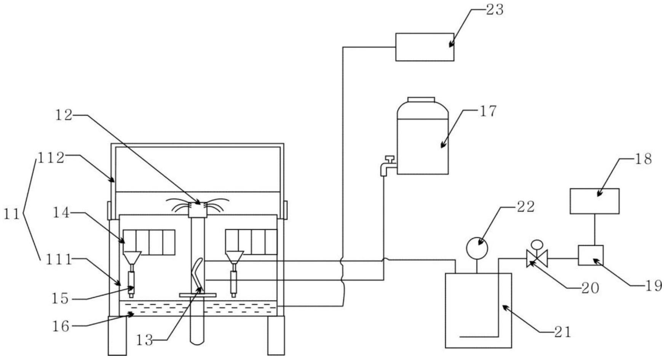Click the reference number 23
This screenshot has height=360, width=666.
tap(495, 10)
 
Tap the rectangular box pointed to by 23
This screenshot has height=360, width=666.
tap(425, 47)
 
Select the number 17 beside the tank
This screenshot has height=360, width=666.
tap(488, 111)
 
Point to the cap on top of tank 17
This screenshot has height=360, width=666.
tap(421, 100)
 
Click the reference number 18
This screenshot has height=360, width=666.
tap(643, 159)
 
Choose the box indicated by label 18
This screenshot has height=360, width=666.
tap(594, 201)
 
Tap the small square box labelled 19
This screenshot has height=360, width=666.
tap(591, 255)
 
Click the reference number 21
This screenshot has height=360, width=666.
tap(563, 332)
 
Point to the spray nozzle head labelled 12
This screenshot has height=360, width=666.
tap(198, 209)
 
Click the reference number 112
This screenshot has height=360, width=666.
tap(51, 158)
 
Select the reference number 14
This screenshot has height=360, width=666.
tap(61, 213)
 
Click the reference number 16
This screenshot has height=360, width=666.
tap(61, 326)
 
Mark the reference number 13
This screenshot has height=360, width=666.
tap(145, 340)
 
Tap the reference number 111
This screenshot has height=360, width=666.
tap(59, 260)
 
